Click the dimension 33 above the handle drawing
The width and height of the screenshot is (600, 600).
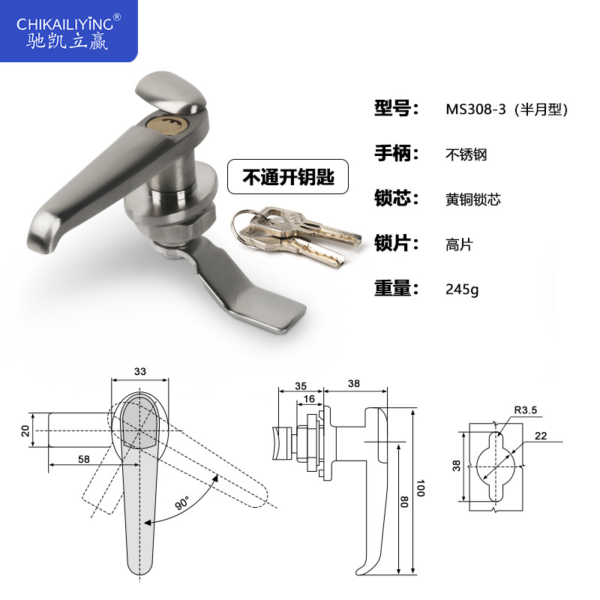[140, 370]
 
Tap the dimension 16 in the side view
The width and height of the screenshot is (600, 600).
[309, 399]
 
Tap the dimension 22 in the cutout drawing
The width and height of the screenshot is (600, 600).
[541, 436]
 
